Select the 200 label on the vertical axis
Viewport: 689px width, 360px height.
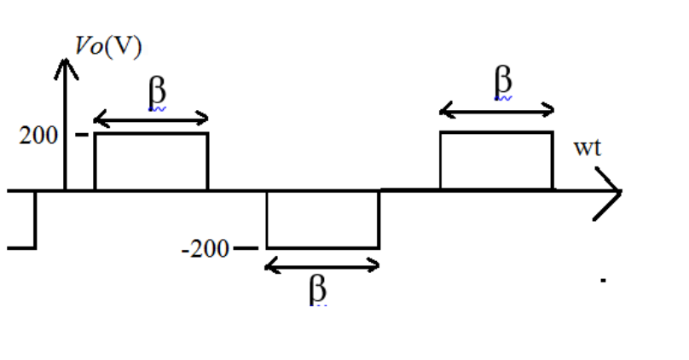[38, 135]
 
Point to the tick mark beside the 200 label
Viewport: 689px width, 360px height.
[82, 135]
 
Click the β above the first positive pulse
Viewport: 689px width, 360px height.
[156, 93]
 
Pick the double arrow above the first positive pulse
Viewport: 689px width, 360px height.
[151, 118]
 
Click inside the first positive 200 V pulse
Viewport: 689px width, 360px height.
[151, 161]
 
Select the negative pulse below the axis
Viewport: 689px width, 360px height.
[322, 219]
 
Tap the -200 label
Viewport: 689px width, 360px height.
[206, 249]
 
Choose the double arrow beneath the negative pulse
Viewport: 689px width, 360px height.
[322, 266]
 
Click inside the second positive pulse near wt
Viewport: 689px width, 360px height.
[496, 161]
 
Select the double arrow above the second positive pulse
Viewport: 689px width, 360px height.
[497, 109]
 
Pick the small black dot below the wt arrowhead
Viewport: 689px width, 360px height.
[603, 279]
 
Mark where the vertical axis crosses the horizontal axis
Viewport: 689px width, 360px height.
[66, 191]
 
